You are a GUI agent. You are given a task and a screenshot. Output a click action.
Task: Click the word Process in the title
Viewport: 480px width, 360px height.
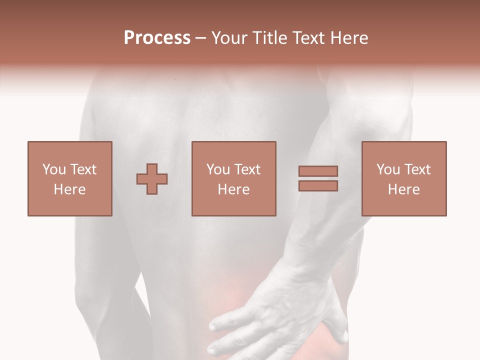click(157, 38)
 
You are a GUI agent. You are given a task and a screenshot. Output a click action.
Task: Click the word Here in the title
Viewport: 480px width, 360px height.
click(349, 38)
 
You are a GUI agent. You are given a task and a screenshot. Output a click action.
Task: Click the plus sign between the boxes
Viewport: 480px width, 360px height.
click(152, 179)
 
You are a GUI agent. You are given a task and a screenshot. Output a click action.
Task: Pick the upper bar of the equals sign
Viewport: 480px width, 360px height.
click(318, 171)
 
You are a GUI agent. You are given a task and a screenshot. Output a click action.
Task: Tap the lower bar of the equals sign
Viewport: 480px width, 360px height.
click(318, 186)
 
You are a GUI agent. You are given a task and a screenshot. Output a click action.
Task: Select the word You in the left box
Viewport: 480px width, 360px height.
click(54, 169)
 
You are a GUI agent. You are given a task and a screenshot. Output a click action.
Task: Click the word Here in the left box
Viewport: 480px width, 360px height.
click(69, 189)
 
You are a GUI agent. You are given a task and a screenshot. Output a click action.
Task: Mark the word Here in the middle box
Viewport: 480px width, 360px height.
click(233, 189)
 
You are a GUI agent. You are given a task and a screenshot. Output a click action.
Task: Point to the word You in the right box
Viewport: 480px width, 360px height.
click(388, 169)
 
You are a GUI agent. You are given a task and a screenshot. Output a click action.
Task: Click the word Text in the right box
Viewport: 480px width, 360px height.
click(417, 169)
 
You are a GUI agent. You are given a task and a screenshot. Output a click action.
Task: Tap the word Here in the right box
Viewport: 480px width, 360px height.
click(403, 189)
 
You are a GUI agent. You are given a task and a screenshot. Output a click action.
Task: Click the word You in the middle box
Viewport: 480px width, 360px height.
click(218, 169)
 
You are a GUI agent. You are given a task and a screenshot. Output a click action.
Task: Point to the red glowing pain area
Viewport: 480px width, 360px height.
click(235, 300)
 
